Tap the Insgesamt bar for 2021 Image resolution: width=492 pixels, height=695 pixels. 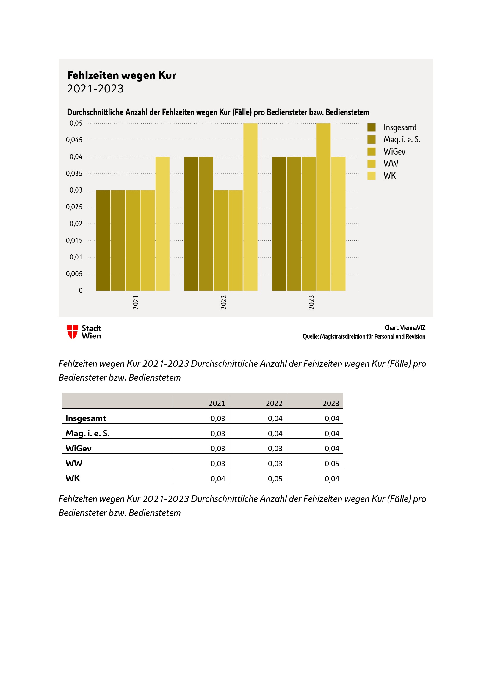click(x=103, y=240)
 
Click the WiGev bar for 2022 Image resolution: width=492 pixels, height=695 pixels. click(x=220, y=240)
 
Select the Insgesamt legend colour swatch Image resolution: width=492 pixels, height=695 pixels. click(x=372, y=127)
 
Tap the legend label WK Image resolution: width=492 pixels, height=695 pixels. click(x=390, y=176)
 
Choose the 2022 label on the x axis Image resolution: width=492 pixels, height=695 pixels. click(x=224, y=302)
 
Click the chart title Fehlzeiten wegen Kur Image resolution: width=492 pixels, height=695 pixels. click(x=121, y=75)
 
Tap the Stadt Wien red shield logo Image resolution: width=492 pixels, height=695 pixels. click(x=72, y=332)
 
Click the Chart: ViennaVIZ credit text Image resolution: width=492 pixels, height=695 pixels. click(x=405, y=327)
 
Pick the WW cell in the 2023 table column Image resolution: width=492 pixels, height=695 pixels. click(x=332, y=464)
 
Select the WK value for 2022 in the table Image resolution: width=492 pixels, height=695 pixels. click(x=275, y=479)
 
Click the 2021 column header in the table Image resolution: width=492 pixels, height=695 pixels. click(x=217, y=403)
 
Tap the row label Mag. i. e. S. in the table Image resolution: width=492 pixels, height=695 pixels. click(x=87, y=433)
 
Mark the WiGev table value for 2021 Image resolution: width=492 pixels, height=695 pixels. click(x=218, y=448)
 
